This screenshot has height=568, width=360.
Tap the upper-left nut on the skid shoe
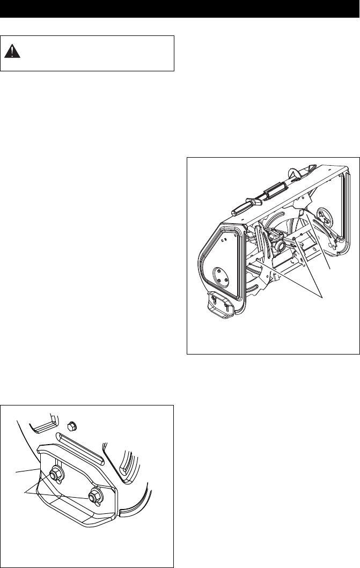[55, 473]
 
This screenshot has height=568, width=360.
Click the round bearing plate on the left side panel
[221, 275]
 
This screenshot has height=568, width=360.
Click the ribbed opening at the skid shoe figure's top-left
[42, 423]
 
